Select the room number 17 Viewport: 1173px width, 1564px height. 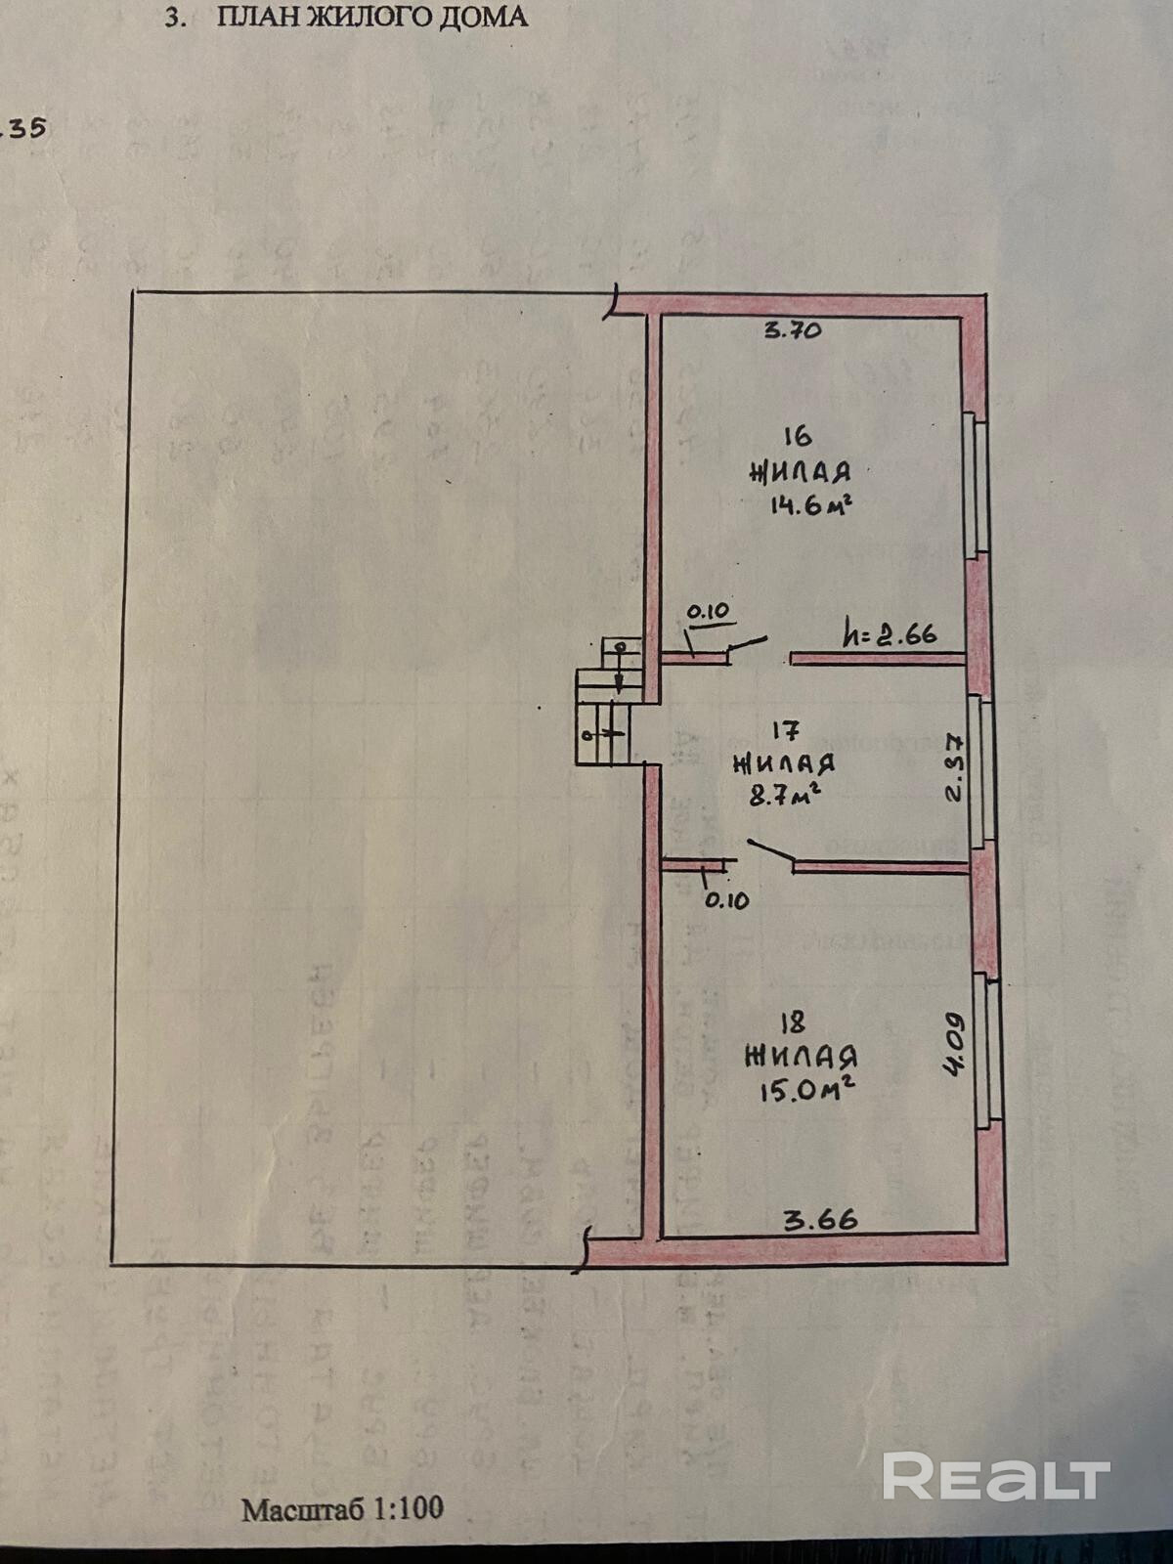[x=787, y=729]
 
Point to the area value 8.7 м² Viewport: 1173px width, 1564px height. [x=783, y=795]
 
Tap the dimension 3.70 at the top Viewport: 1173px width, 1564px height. [x=792, y=330]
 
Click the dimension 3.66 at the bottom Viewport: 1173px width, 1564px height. [x=821, y=1219]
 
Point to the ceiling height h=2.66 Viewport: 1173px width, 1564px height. [x=890, y=634]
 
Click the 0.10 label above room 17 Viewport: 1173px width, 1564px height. [x=708, y=612]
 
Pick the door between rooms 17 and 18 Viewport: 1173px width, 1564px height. [x=772, y=853]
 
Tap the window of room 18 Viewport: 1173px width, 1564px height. [x=989, y=1051]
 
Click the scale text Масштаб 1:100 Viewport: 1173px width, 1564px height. [x=342, y=1507]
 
